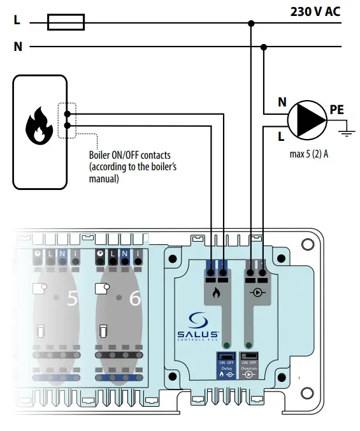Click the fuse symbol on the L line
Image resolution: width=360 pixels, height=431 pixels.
pyautogui.click(x=66, y=24)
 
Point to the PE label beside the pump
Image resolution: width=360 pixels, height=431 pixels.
pyautogui.click(x=336, y=110)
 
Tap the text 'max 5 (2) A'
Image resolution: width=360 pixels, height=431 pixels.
pyautogui.click(x=308, y=154)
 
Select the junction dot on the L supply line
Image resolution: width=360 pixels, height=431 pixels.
pyautogui.click(x=252, y=24)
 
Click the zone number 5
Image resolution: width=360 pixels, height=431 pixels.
pyautogui.click(x=71, y=298)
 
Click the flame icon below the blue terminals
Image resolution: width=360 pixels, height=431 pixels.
pyautogui.click(x=216, y=296)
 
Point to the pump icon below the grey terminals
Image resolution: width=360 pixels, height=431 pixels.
pyautogui.click(x=255, y=296)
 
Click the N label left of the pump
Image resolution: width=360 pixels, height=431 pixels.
pyautogui.click(x=281, y=101)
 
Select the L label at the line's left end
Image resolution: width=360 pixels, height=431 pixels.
pyautogui.click(x=17, y=20)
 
